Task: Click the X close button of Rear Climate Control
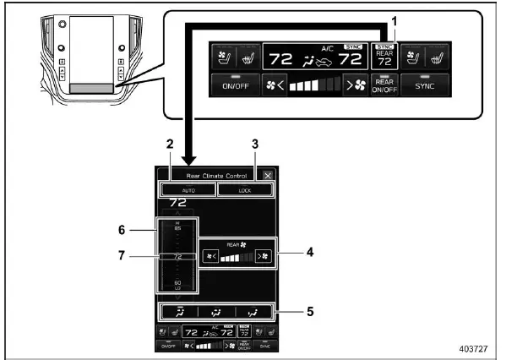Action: (268, 175)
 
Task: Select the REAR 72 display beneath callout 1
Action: (385, 56)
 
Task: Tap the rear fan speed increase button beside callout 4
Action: (264, 254)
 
